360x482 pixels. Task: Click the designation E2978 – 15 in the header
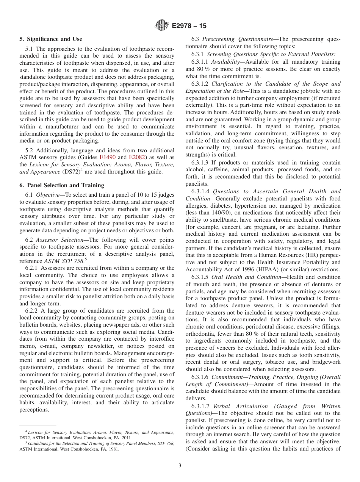tap(189, 26)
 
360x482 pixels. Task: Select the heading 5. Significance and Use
tap(51, 39)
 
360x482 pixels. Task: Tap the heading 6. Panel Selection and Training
tap(62, 185)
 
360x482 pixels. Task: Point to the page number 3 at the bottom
tap(180, 466)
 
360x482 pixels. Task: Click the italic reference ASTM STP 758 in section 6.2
tap(61, 261)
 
